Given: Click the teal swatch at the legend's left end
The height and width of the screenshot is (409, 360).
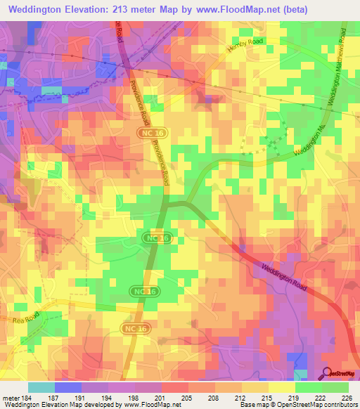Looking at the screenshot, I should coord(41,387).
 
